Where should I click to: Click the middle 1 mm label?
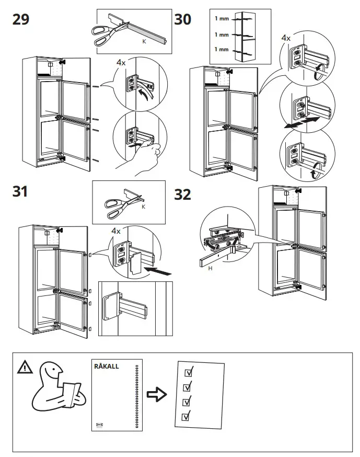point(222,35)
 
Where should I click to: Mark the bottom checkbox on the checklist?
point(185,417)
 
